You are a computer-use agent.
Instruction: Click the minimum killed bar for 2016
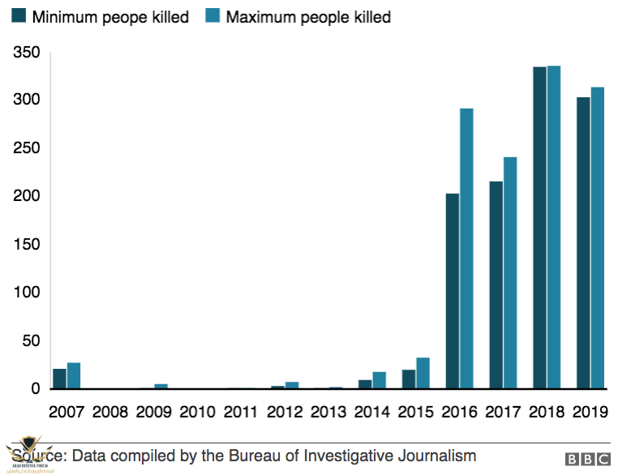[452, 292]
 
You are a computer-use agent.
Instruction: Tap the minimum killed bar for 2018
[539, 228]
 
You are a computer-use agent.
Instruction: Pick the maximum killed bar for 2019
[598, 238]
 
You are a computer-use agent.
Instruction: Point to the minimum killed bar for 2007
[59, 379]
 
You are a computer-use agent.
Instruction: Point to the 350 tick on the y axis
[26, 53]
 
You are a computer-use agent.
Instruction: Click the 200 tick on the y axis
[26, 196]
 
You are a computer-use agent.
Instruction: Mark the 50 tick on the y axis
[30, 340]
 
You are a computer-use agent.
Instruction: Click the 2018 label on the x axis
[547, 413]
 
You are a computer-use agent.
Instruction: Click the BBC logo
[588, 460]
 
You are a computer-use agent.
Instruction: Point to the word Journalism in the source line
[437, 456]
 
